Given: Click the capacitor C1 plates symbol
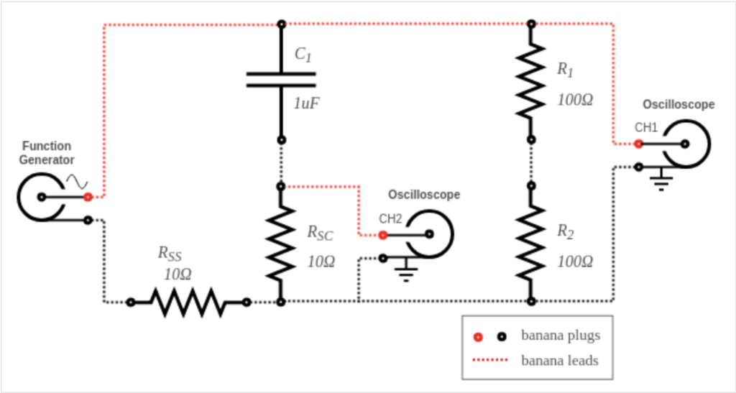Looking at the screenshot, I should click(281, 79).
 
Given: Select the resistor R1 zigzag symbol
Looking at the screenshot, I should click(530, 80).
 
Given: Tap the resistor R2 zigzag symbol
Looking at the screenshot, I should click(530, 243).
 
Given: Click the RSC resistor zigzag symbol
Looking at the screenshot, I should click(281, 243).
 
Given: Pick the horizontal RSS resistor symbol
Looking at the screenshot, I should click(188, 302).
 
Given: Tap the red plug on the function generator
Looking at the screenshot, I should click(87, 196).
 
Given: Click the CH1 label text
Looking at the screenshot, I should click(646, 127).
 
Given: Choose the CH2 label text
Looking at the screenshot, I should click(390, 218).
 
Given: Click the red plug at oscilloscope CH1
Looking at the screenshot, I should click(638, 144).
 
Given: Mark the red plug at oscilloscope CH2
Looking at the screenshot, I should click(382, 234).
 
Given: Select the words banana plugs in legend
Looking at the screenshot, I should click(560, 336).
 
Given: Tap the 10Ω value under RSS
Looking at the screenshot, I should click(178, 274).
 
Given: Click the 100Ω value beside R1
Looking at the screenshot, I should click(575, 100).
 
